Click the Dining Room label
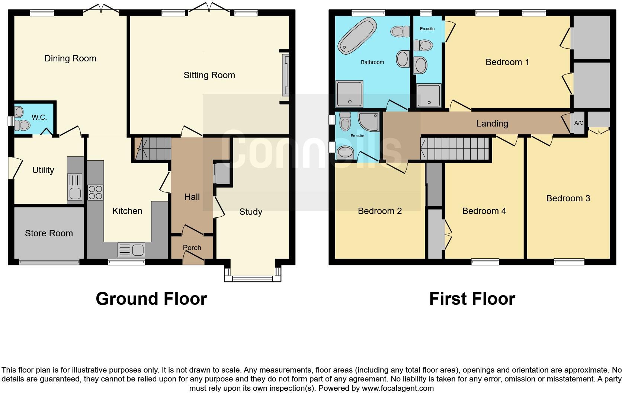click(x=70, y=58)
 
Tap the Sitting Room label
click(x=209, y=75)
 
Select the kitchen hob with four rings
click(x=95, y=192)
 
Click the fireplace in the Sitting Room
click(x=285, y=75)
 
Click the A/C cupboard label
click(x=578, y=123)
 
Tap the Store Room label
click(x=49, y=233)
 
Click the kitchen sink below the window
click(x=131, y=249)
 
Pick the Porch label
click(x=192, y=247)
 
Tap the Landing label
click(x=492, y=124)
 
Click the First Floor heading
click(x=472, y=299)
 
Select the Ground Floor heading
click(x=151, y=299)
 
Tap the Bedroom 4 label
click(x=484, y=211)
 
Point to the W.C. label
click(x=39, y=118)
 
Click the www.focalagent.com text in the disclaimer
click(x=397, y=388)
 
